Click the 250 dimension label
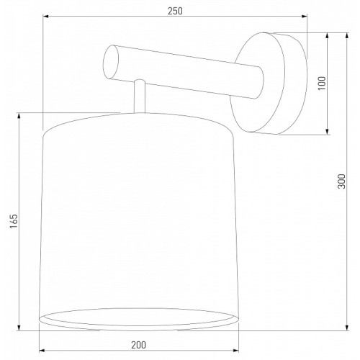175,11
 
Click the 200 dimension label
138,345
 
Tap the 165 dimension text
14,221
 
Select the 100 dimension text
322,83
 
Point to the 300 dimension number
341,181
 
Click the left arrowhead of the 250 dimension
46,17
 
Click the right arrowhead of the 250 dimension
304,17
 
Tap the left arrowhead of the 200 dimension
42,351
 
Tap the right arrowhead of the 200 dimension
235,351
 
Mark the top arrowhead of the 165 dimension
19,116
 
